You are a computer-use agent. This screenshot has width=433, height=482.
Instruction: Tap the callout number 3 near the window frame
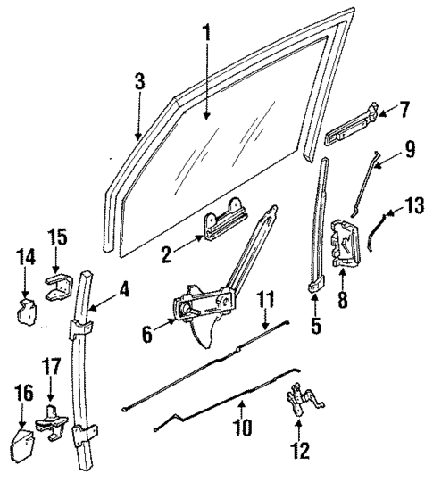click(139, 82)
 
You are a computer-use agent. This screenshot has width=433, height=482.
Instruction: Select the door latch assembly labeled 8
click(346, 243)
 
